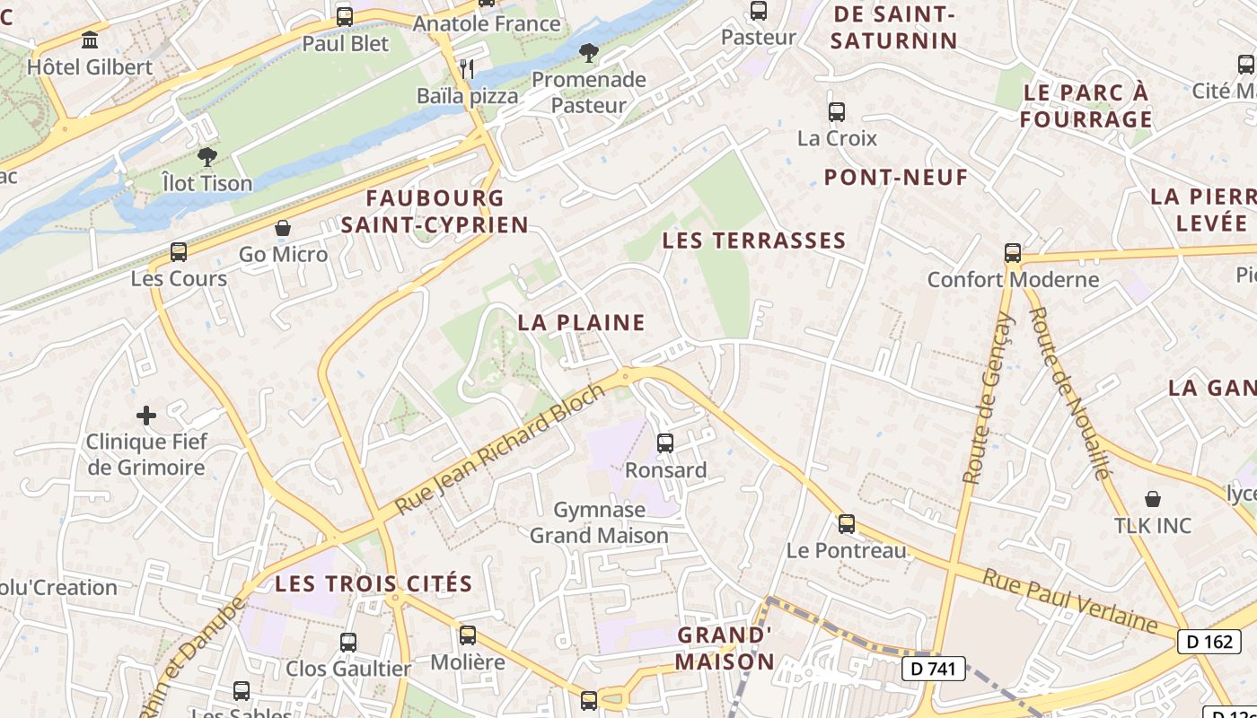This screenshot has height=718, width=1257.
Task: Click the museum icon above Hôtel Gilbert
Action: (90, 40)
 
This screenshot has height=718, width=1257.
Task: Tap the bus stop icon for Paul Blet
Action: (345, 16)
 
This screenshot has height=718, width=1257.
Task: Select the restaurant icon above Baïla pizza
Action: (466, 68)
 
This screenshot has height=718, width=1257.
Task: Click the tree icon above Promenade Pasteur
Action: (589, 53)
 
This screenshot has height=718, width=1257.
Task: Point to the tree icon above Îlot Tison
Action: (207, 157)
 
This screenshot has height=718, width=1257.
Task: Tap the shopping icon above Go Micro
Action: (283, 228)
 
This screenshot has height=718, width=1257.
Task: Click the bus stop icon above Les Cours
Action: (179, 252)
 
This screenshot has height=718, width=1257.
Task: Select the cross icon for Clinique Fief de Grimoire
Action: (146, 416)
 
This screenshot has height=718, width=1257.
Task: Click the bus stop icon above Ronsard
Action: (665, 442)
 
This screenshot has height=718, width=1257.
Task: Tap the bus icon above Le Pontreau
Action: (847, 524)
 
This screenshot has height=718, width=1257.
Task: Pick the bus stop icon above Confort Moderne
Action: (1013, 253)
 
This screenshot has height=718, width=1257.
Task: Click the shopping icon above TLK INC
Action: (1153, 499)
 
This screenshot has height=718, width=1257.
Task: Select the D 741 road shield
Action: (934, 668)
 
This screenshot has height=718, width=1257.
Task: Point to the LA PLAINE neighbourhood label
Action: (582, 322)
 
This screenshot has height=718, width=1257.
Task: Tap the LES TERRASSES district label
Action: (754, 241)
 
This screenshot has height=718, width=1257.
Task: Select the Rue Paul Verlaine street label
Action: (1069, 600)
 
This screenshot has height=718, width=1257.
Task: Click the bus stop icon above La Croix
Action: (837, 112)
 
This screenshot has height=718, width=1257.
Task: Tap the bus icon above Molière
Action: (468, 635)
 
